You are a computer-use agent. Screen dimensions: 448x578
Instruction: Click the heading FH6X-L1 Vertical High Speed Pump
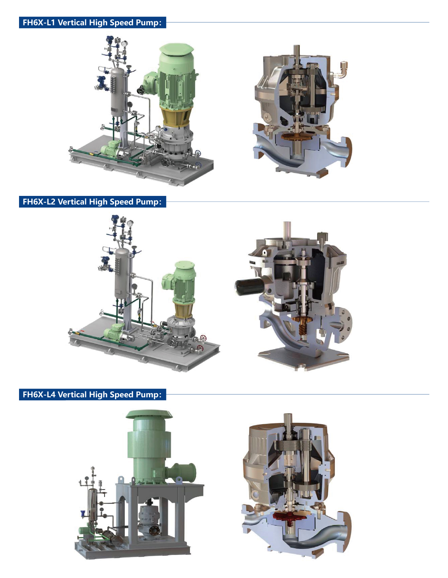point(92,22)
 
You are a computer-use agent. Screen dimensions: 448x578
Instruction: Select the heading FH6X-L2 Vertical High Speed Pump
point(92,201)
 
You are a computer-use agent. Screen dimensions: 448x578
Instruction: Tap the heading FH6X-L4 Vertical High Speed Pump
point(92,394)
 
